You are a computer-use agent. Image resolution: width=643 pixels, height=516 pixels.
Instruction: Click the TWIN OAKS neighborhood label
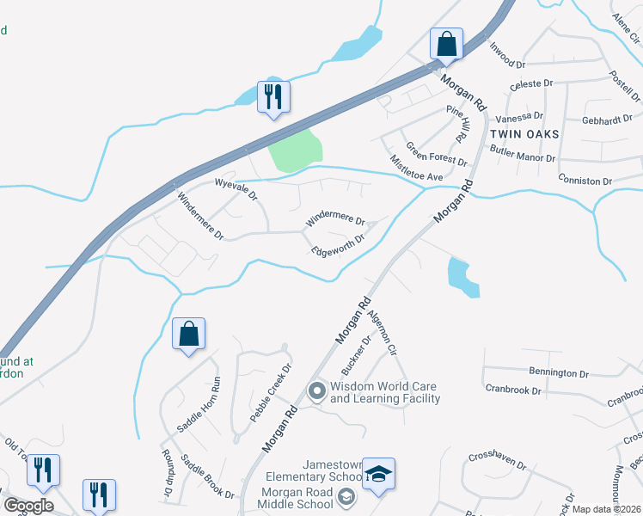(x=524, y=134)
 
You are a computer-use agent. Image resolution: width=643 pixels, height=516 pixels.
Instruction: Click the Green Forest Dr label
(x=437, y=155)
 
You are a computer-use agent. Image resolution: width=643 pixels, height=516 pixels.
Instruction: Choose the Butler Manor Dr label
(x=523, y=154)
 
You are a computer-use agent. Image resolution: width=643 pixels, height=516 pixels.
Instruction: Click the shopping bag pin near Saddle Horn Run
(x=188, y=334)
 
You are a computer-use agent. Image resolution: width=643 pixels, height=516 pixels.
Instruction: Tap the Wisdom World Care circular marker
(x=316, y=391)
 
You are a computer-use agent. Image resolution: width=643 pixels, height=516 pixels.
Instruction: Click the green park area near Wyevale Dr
(x=294, y=148)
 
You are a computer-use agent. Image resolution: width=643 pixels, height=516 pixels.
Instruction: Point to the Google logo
(x=28, y=506)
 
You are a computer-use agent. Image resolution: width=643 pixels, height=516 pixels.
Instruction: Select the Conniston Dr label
(x=584, y=181)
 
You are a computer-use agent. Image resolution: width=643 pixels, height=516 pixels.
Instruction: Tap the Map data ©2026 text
(x=606, y=509)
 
